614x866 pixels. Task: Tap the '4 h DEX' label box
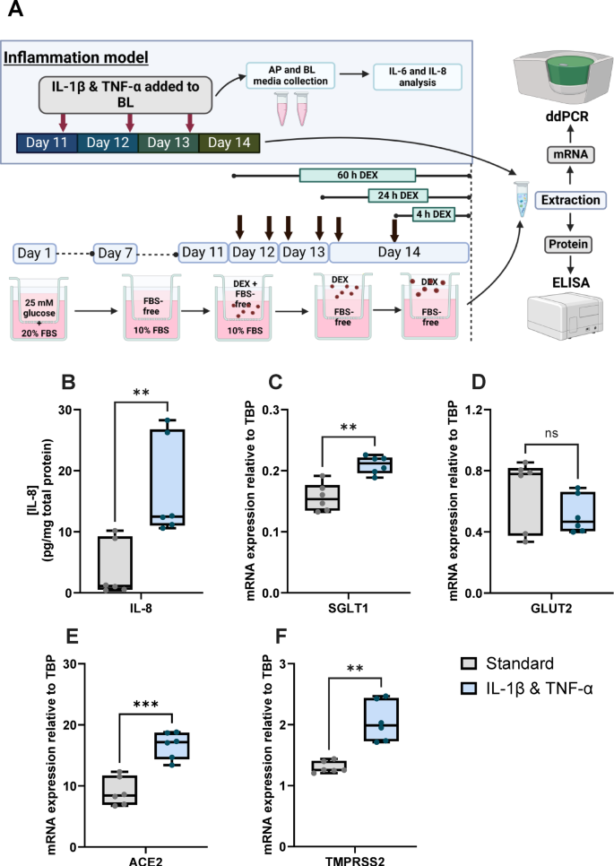click(433, 213)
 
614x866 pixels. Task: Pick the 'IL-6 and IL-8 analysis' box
click(418, 77)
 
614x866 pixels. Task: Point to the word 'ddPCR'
click(562, 117)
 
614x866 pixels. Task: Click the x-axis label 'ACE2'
click(144, 859)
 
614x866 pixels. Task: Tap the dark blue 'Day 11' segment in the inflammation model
click(48, 143)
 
